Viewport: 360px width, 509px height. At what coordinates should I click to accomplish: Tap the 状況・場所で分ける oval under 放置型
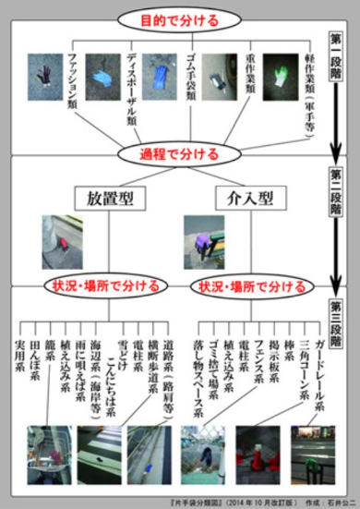(x=102, y=284)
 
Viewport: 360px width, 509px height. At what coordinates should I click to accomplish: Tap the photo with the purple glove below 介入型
(x=203, y=236)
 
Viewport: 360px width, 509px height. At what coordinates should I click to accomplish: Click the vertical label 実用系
(x=19, y=352)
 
